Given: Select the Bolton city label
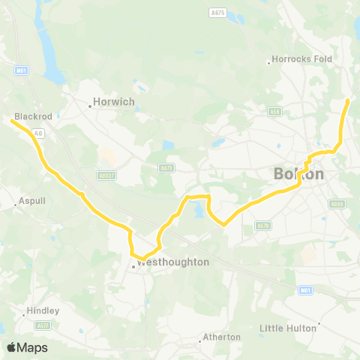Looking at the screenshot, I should (x=299, y=174).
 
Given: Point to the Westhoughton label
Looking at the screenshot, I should (x=172, y=262).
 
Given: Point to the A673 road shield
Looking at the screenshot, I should (x=166, y=168).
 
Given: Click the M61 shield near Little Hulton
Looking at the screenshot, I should (x=304, y=289).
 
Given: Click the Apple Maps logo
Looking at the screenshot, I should (x=27, y=347).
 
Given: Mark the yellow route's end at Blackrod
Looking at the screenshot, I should (x=13, y=120).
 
